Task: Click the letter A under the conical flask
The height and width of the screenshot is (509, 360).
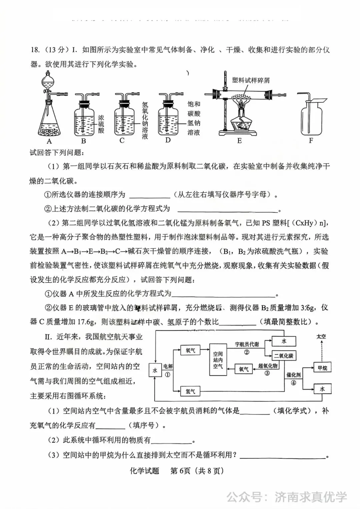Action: pos(49,141)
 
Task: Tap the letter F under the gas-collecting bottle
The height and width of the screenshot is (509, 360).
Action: pos(311,140)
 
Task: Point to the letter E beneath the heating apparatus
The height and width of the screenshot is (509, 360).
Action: pos(239,141)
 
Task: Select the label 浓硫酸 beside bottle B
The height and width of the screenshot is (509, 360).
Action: pos(101,124)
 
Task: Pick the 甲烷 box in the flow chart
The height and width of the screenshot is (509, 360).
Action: pos(322,368)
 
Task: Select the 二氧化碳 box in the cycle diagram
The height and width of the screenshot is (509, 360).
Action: pos(283,356)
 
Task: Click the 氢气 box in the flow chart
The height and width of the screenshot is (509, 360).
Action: pos(190,391)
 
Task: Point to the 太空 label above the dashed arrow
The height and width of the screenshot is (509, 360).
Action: pos(321,337)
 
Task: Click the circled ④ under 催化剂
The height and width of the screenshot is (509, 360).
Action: pos(293,383)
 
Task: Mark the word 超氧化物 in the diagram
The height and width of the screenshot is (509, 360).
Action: pos(268,366)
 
